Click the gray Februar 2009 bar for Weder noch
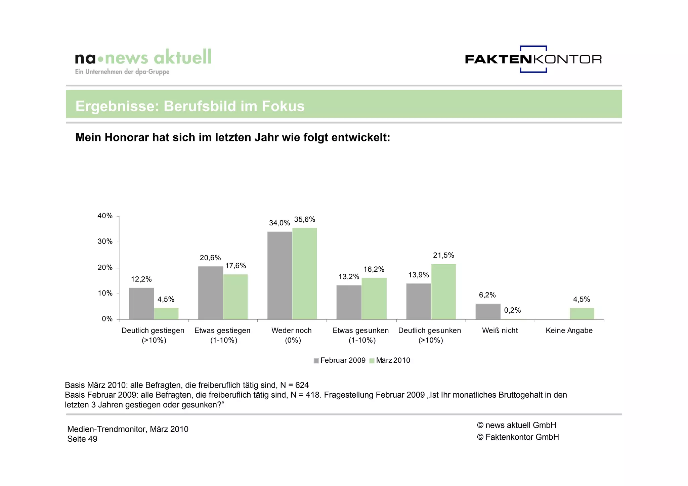tap(279, 275)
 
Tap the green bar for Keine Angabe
tap(582, 313)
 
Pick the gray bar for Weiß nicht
tap(488, 311)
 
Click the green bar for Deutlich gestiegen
tap(166, 313)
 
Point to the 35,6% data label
tap(304, 220)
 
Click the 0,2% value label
tap(512, 310)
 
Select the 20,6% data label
tap(210, 258)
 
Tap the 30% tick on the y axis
tap(105, 241)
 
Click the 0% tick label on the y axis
tap(107, 319)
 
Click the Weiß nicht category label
tap(500, 330)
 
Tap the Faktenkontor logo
tap(533, 59)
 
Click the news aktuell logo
tap(143, 61)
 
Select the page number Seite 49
tap(82, 439)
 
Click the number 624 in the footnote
tap(302, 385)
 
